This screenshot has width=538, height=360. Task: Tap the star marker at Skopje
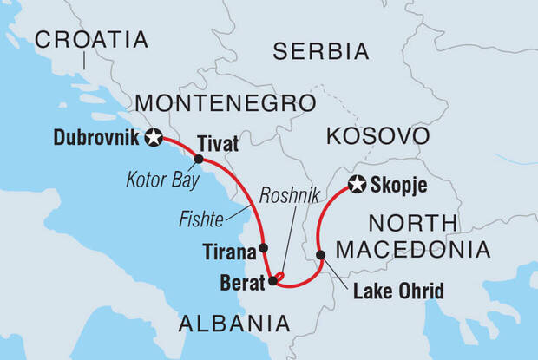[356, 184]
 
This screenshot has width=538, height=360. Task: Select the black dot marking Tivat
[199, 160]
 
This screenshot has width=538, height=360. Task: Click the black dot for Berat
[272, 281]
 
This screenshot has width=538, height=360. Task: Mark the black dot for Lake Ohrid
[321, 255]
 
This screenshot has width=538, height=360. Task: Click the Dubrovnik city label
[96, 137]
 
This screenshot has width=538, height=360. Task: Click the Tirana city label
[229, 252]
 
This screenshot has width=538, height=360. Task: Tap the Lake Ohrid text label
[398, 289]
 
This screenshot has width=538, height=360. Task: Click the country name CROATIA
[91, 39]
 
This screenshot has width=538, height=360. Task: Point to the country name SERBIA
[321, 51]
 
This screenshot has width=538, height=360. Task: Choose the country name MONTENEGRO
[224, 103]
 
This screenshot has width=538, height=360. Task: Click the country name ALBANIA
[233, 324]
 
